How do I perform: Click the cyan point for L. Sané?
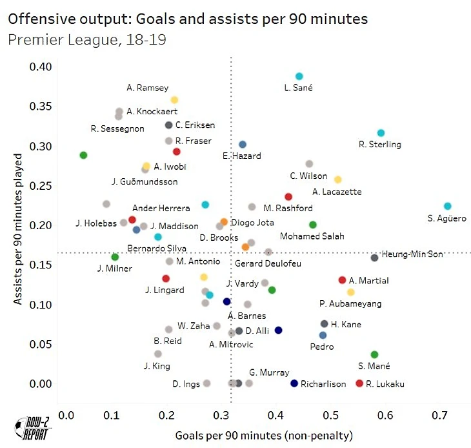(x=299, y=76)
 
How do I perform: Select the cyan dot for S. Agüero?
(x=448, y=206)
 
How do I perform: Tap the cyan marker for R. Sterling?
(x=381, y=133)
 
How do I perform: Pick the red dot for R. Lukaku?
(x=359, y=383)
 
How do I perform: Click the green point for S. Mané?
(x=374, y=354)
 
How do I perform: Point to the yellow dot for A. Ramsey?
(x=174, y=100)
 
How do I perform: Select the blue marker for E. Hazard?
(x=243, y=145)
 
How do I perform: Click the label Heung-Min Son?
(x=412, y=254)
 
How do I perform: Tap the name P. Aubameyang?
(x=350, y=303)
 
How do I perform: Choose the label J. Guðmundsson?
(x=144, y=182)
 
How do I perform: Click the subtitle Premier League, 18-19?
(x=88, y=40)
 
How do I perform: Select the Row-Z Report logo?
(x=30, y=429)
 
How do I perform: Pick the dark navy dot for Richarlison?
(x=294, y=383)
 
